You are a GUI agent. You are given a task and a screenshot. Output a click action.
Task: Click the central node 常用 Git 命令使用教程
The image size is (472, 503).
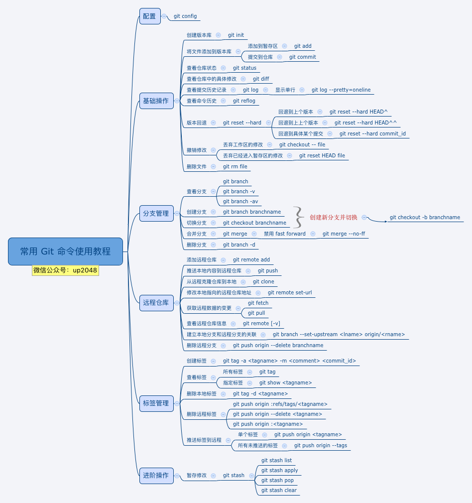(x=65, y=251)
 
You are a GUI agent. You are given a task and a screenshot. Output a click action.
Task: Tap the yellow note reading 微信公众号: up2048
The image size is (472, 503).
(x=65, y=270)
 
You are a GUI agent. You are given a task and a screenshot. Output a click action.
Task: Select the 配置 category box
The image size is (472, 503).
(x=150, y=16)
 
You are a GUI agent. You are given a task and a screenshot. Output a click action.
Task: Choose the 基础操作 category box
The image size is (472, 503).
(x=156, y=101)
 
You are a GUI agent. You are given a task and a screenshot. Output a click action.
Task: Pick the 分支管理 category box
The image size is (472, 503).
(x=156, y=213)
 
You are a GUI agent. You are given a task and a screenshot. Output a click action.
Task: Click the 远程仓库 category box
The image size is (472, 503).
(x=156, y=303)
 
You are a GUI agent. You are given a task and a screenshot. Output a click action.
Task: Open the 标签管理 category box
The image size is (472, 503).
(x=156, y=403)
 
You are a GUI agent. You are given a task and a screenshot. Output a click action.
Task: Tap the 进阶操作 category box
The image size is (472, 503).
(x=156, y=476)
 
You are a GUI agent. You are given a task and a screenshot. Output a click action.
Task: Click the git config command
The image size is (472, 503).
(x=185, y=16)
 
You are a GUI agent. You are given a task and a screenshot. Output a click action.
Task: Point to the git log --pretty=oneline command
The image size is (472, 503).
(x=341, y=90)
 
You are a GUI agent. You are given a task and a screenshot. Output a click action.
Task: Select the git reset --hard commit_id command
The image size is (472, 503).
(x=372, y=133)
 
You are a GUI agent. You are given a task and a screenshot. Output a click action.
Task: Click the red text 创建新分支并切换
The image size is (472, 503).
(x=334, y=217)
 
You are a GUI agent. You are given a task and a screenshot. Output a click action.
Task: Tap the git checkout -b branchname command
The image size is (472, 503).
(x=425, y=217)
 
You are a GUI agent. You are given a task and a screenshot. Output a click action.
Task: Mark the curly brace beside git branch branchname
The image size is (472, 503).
(x=299, y=217)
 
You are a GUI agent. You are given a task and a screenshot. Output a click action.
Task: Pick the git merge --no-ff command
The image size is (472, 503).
(x=344, y=234)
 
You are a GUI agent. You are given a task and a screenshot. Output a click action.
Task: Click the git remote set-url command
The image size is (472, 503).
(x=290, y=292)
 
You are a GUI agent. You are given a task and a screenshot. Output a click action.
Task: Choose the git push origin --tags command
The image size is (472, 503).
(x=321, y=445)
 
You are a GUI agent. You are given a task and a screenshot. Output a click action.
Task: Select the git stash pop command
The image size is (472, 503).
(x=277, y=480)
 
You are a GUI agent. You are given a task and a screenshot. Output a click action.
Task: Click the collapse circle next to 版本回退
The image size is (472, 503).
(x=213, y=123)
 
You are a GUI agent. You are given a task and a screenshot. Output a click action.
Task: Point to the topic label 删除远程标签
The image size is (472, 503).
(x=202, y=414)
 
